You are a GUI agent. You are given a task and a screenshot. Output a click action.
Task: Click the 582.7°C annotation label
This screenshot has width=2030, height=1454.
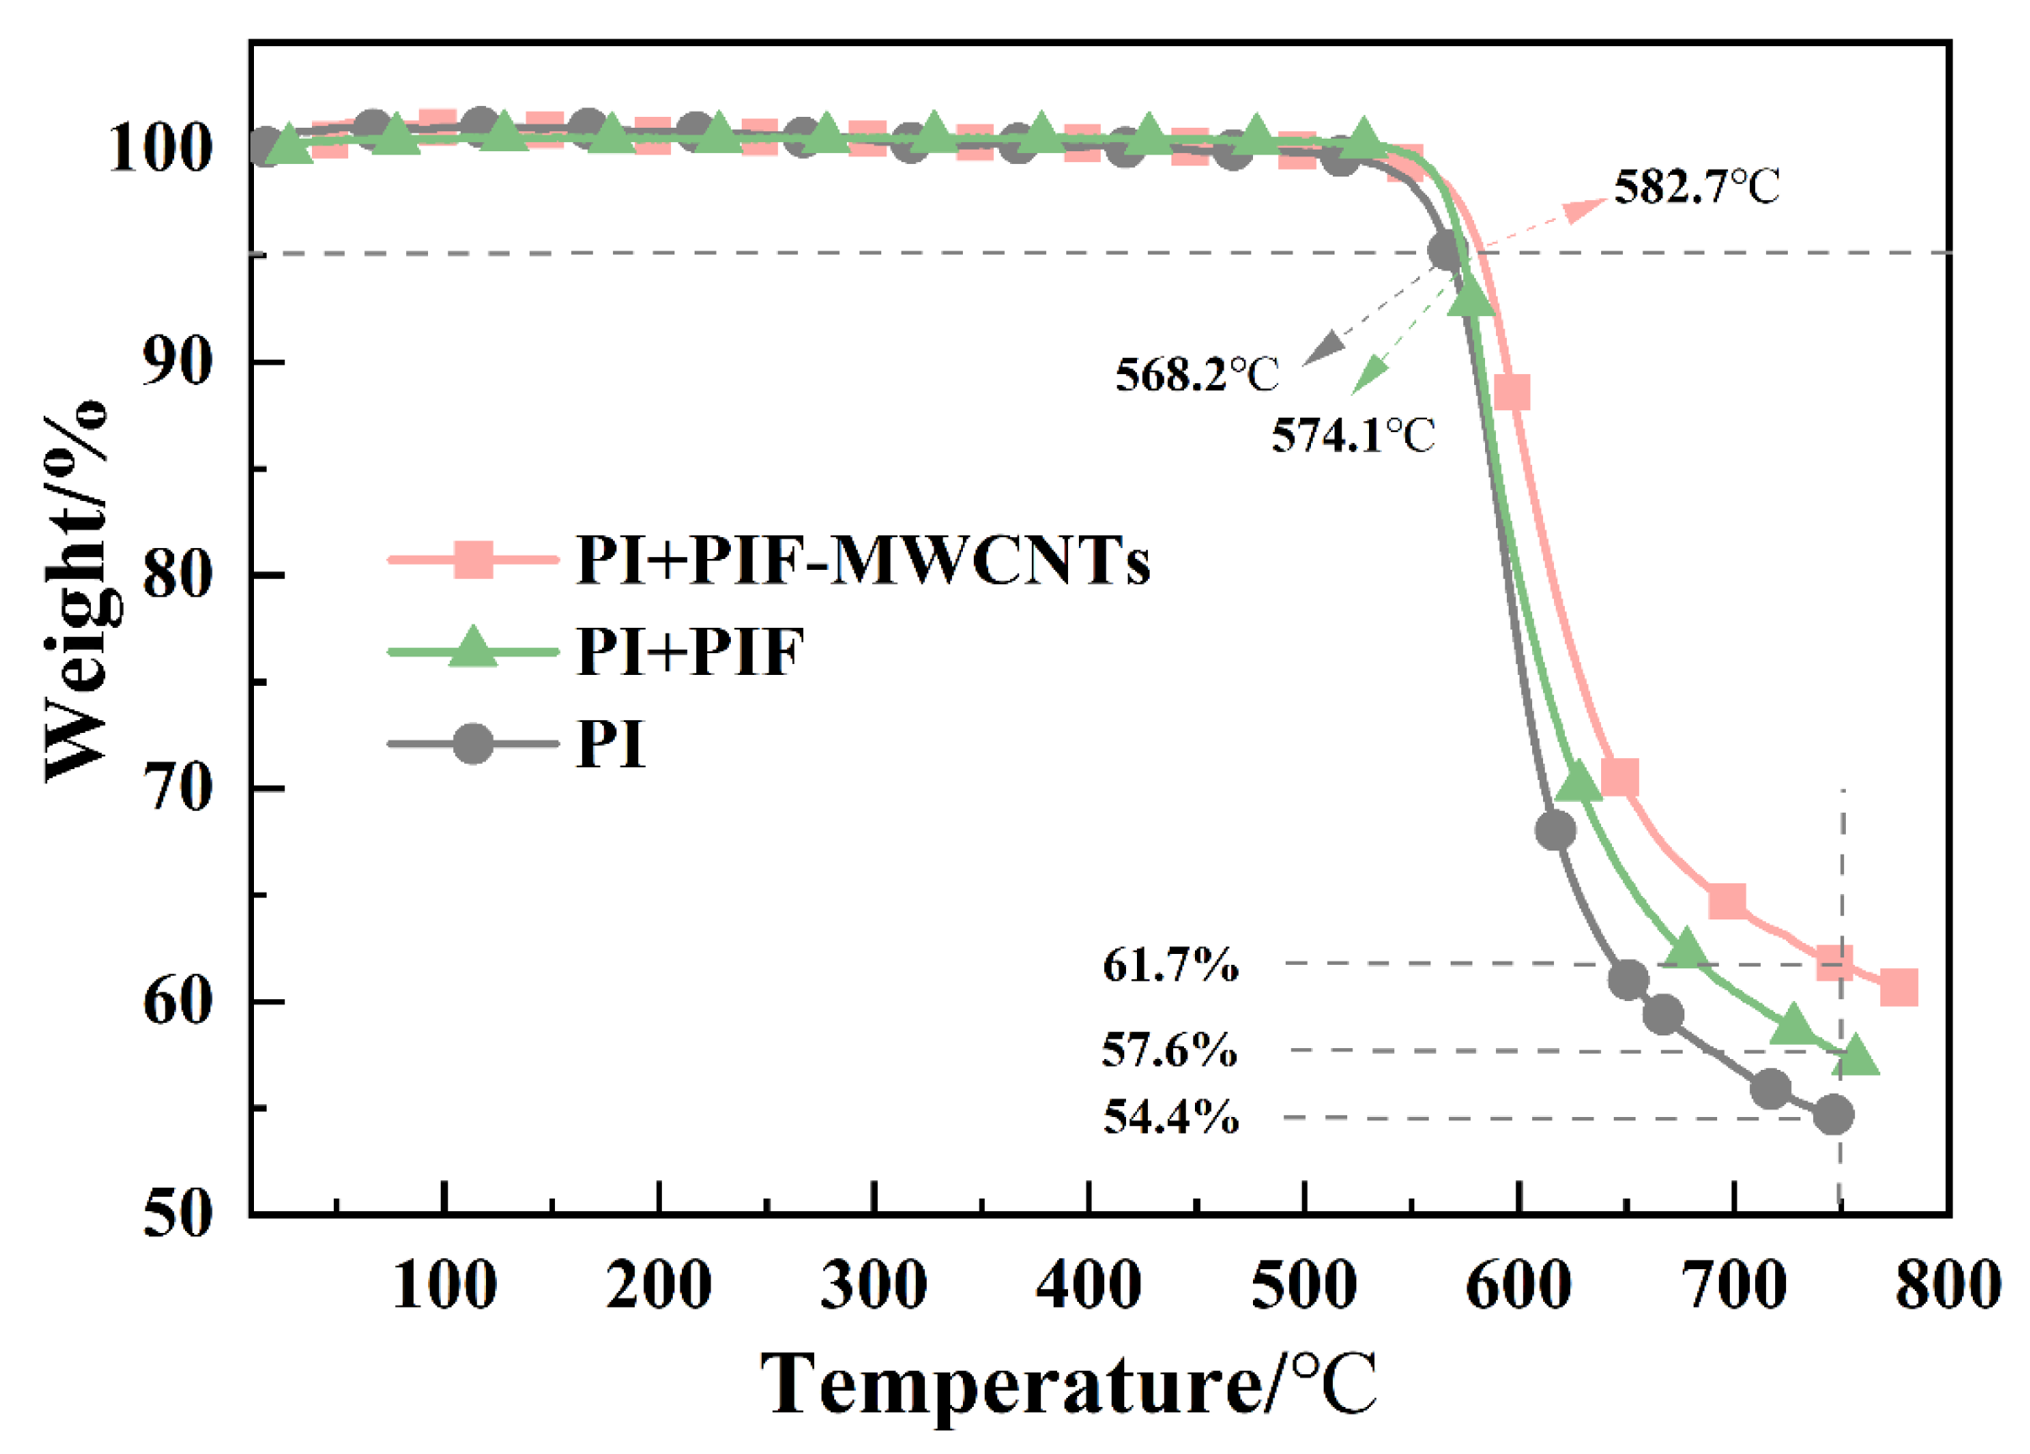click(1696, 188)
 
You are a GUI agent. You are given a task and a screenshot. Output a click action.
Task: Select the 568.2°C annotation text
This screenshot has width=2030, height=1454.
click(1197, 374)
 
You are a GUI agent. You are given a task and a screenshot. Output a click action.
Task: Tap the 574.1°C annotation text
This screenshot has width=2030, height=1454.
click(1352, 435)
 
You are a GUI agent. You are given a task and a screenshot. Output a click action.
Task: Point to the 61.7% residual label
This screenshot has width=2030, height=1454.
click(1170, 966)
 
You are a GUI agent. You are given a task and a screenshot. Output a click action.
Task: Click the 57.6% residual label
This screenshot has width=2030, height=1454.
click(1169, 1050)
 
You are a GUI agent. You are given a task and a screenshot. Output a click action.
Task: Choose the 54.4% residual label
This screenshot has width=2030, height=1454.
click(1170, 1117)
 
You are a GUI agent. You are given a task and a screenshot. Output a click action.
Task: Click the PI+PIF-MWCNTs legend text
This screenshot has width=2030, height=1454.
click(862, 561)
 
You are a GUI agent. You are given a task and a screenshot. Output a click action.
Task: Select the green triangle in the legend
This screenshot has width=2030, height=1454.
click(473, 648)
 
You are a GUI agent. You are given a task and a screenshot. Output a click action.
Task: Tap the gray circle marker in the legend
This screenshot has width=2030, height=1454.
click(473, 743)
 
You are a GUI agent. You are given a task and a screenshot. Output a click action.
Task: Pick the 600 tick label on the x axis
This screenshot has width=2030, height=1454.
click(1518, 1286)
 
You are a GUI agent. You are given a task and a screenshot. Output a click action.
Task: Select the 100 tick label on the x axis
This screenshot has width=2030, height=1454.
click(444, 1286)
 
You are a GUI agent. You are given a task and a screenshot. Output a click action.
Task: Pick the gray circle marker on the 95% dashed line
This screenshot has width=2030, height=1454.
click(1445, 251)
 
